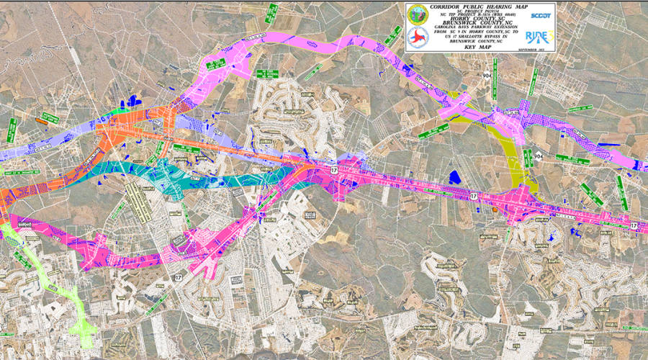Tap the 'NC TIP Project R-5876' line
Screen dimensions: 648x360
click(480, 15)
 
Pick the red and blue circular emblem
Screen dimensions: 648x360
click(417, 37)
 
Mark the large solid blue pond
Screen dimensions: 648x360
click(454, 175)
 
